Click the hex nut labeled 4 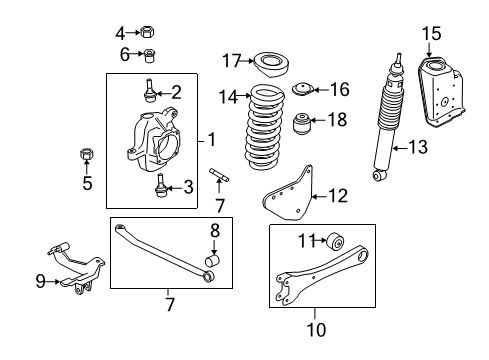tap(147, 32)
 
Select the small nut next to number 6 tap(150, 56)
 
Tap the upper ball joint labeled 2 tap(149, 90)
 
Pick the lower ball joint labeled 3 tap(160, 186)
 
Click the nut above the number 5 tap(86, 154)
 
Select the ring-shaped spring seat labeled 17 tap(271, 65)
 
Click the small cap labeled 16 tap(303, 89)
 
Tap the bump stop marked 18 tap(301, 124)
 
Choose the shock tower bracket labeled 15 tap(441, 92)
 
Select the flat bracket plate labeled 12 tap(289, 194)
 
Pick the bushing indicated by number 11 tap(335, 241)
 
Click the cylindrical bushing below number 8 tap(212, 260)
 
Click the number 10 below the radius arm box tap(316, 330)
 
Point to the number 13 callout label tap(418, 147)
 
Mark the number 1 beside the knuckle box tap(212, 139)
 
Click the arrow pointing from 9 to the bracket tap(53, 282)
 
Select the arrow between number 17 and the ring tap(247, 61)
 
